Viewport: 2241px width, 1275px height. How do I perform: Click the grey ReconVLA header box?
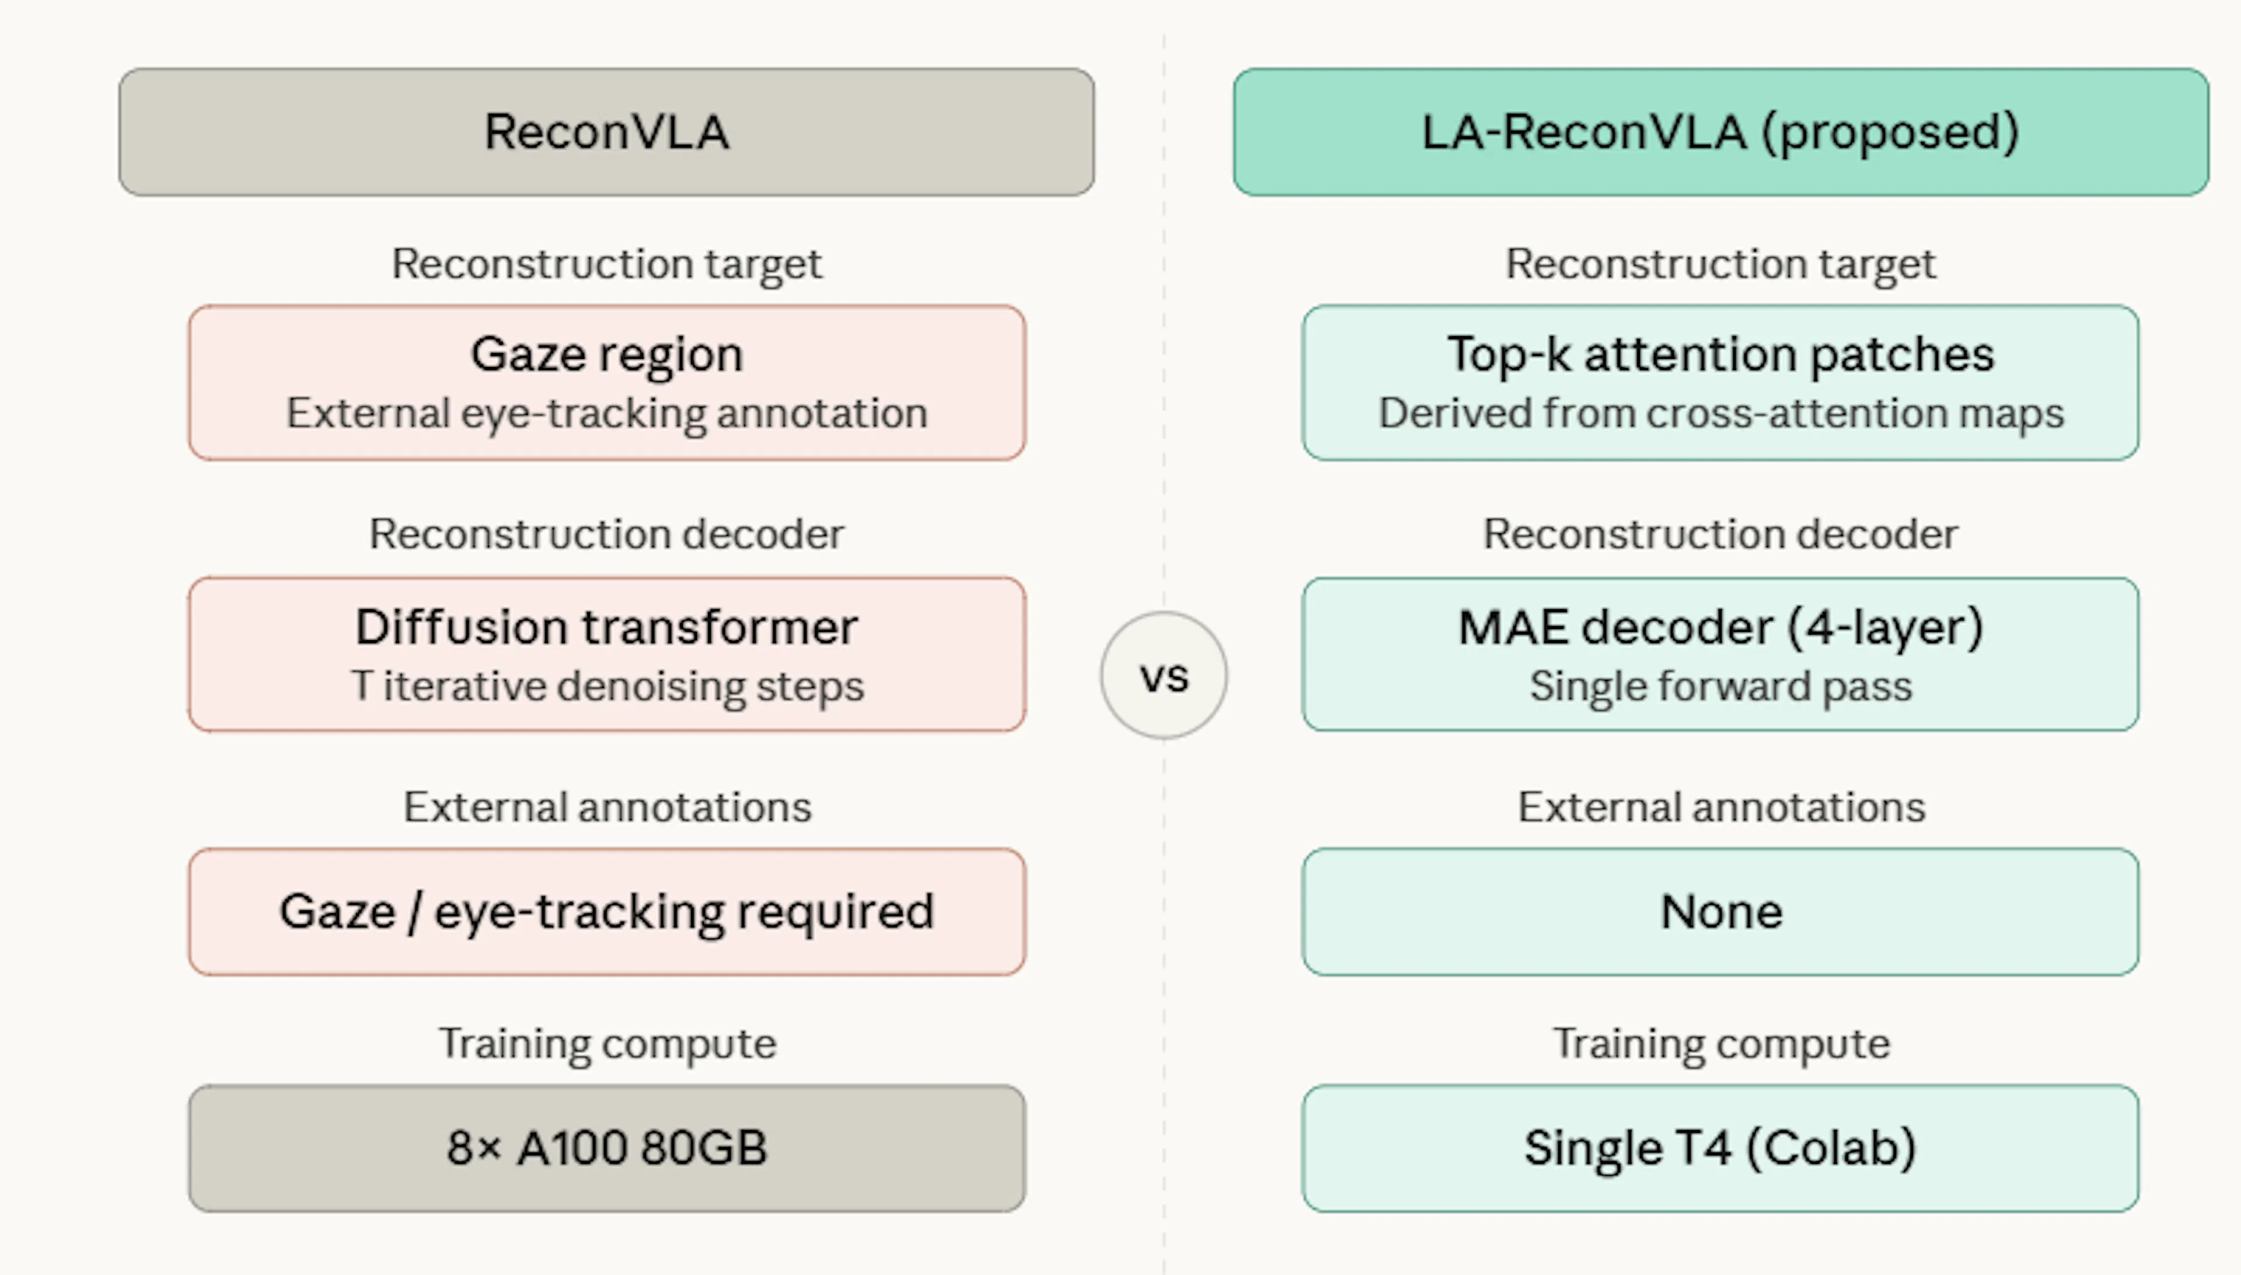606,132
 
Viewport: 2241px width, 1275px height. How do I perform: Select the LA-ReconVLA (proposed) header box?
1720,132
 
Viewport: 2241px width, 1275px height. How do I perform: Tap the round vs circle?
1163,675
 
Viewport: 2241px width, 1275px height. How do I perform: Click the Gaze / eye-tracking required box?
606,911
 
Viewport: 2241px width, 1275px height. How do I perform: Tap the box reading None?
1720,911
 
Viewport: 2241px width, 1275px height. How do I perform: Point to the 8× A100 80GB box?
606,1148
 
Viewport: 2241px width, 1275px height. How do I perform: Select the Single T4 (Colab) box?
1720,1148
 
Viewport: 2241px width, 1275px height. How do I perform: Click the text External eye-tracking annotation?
606,413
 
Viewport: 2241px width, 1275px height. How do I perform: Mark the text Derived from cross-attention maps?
1720,413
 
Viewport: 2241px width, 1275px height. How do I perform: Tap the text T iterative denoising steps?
606,686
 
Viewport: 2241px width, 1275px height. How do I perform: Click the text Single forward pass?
1720,686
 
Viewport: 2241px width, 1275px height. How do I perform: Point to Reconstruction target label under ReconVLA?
606,264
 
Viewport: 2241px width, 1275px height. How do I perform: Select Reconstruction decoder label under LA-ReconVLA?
1720,534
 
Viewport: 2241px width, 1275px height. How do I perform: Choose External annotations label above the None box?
1720,806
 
